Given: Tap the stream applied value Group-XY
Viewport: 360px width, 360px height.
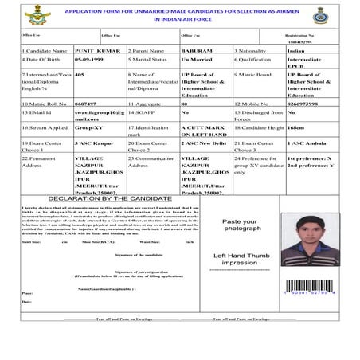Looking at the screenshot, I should pos(88,125).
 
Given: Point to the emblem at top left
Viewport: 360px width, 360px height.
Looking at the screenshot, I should pos(35,14).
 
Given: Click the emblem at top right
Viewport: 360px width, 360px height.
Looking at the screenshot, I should pos(321,14).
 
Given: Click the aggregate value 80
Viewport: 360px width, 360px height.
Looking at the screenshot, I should pos(184,104).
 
